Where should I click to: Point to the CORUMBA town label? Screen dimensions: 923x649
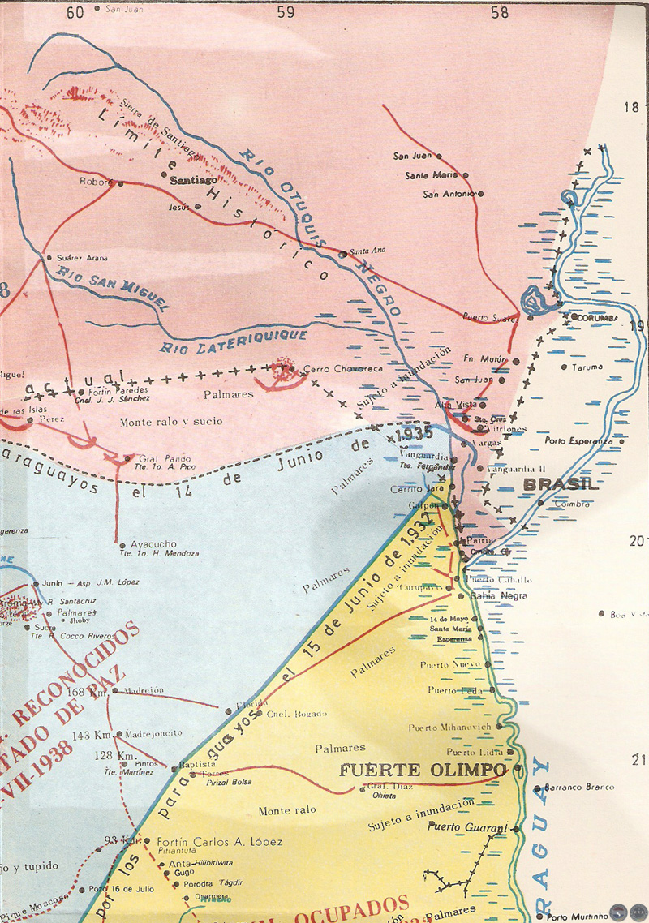point(597,317)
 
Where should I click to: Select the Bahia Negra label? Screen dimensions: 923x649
point(499,595)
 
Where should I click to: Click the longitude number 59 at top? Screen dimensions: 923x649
point(286,11)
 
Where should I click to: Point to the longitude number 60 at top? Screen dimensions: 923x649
point(75,11)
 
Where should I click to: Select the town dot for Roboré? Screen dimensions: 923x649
point(121,183)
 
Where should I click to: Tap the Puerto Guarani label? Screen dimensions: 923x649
point(466,827)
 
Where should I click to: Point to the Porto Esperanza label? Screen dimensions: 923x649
point(579,441)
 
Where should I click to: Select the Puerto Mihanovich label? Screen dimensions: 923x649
point(449,727)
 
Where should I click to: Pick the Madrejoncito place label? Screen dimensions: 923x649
point(154,732)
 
